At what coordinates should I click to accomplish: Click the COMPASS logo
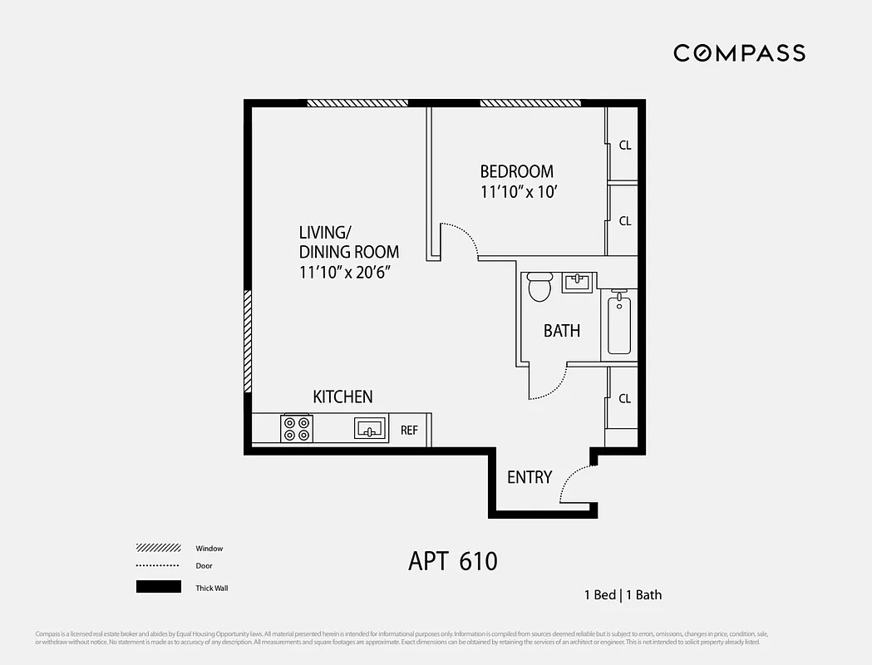tap(739, 53)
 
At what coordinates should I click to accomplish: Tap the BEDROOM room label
tap(516, 172)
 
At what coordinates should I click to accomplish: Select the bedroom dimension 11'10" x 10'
tap(516, 192)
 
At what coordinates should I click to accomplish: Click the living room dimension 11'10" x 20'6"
tap(345, 271)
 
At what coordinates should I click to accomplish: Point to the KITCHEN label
tap(342, 397)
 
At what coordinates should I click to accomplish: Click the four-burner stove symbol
tap(297, 428)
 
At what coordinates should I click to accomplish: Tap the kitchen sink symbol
tap(370, 428)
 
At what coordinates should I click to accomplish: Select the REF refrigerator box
tap(410, 430)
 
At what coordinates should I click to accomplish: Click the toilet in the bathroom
tap(539, 288)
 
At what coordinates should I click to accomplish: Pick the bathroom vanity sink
tap(578, 283)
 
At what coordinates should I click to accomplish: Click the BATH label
tap(562, 331)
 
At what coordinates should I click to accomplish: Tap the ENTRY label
tap(530, 477)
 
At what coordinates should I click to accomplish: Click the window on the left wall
tap(248, 341)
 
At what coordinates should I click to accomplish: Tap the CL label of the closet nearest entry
tap(624, 399)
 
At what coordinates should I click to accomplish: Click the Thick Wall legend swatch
tap(158, 588)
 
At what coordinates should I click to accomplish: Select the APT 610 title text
tap(453, 561)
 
